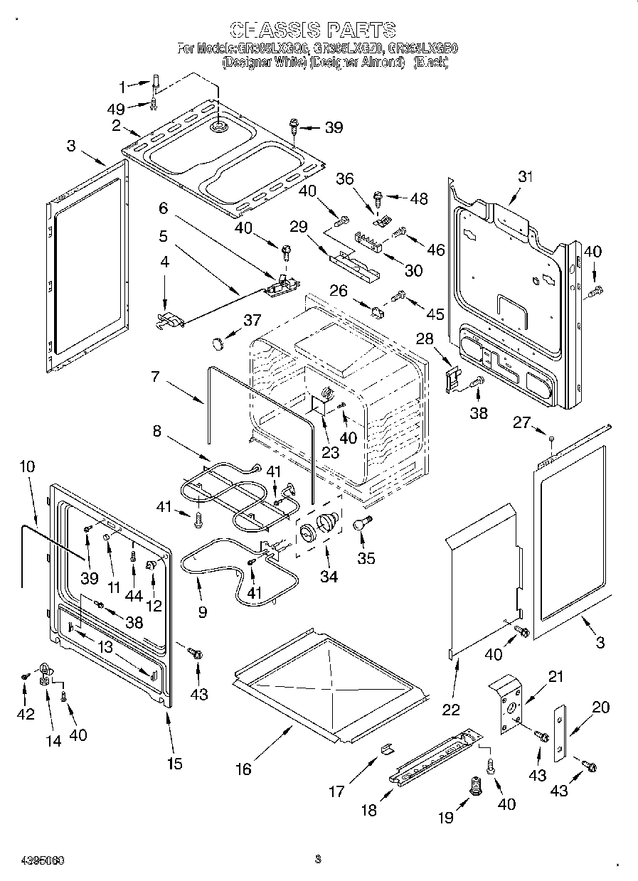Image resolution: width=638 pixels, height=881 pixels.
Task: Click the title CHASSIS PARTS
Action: click(314, 29)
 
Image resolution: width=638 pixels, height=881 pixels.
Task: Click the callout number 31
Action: click(525, 177)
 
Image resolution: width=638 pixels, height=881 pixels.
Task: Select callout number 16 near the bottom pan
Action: click(243, 769)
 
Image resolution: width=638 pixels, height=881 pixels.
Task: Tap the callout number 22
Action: click(451, 709)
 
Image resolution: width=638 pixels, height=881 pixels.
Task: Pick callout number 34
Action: click(329, 577)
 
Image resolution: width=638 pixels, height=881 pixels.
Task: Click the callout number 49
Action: click(115, 109)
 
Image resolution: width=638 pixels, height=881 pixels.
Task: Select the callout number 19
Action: click(445, 818)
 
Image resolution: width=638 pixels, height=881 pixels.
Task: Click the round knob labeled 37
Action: click(217, 344)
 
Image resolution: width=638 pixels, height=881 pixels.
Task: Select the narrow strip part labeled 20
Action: click(560, 732)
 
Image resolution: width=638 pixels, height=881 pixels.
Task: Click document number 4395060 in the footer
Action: click(34, 860)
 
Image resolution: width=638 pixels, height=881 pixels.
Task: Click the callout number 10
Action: click(27, 467)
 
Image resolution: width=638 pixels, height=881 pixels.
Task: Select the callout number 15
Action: click(174, 764)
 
